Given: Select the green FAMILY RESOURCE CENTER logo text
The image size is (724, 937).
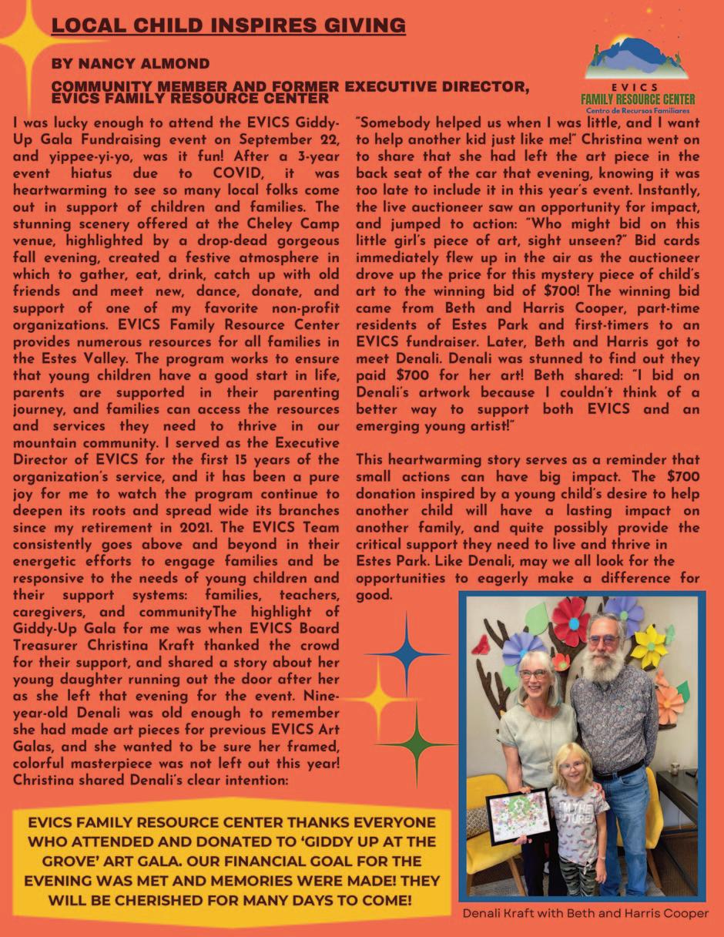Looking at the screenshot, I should click(637, 99).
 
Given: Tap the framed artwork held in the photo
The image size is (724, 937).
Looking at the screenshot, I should click(518, 814).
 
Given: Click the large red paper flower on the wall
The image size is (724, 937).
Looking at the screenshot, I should click(571, 621).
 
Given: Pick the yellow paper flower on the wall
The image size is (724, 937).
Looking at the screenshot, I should click(649, 646).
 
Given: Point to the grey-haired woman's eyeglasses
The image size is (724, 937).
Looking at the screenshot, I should click(533, 674).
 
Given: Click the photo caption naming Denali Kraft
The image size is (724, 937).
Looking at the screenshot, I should click(585, 914).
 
